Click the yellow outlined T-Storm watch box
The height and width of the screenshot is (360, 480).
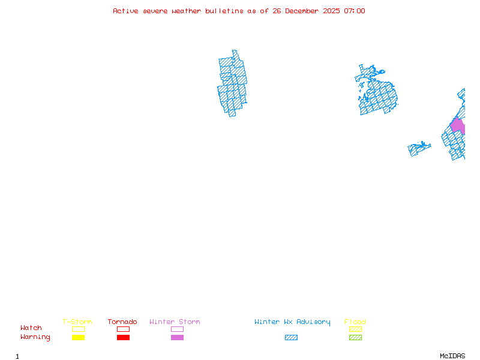[x=78, y=329]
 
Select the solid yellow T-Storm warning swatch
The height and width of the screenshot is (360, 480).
[x=78, y=338]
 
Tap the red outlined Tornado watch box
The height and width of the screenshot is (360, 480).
[x=123, y=329]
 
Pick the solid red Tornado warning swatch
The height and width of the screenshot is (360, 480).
[x=123, y=338]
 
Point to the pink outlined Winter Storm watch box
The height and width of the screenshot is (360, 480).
[x=177, y=329]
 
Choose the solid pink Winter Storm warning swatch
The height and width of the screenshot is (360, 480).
[x=177, y=338]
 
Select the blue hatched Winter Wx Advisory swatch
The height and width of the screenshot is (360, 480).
[x=291, y=338]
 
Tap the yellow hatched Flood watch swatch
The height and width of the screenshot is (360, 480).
[x=355, y=329]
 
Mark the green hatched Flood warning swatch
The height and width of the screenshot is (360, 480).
[x=355, y=338]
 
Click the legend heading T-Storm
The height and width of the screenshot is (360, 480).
[x=77, y=322]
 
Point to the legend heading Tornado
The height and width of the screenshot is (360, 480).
[x=122, y=322]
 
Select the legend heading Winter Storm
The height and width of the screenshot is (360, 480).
[x=175, y=322]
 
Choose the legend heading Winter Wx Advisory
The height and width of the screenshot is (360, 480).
[x=292, y=322]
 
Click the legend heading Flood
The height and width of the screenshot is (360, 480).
[x=355, y=322]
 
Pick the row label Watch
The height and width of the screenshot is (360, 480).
[x=31, y=328]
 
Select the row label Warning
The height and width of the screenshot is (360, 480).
[x=35, y=337]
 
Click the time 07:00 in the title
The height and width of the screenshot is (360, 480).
[x=354, y=11]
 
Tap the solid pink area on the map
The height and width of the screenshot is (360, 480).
[x=458, y=126]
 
